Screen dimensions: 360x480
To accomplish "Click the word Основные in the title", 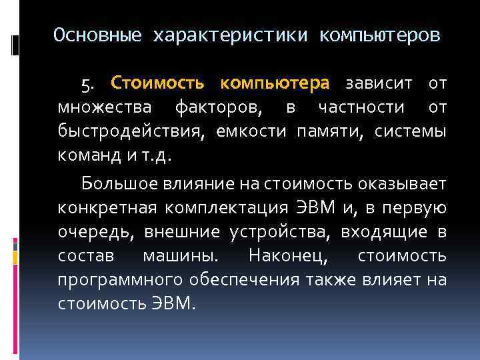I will [98, 35].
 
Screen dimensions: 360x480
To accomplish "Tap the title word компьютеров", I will [379, 35].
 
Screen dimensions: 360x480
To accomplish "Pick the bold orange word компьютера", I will [275, 84].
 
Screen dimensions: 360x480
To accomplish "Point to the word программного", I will [117, 279].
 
